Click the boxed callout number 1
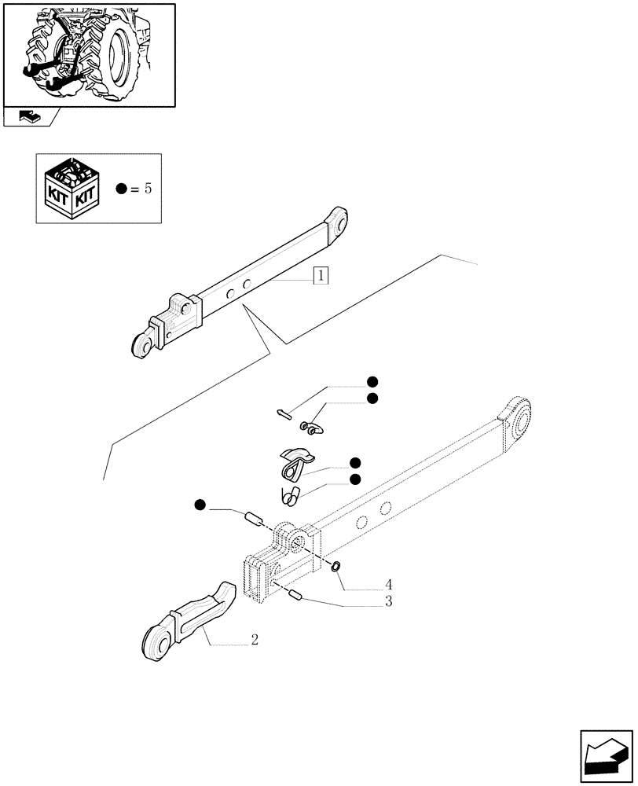[x=321, y=276]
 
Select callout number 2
[x=255, y=640]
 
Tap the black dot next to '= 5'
[x=121, y=189]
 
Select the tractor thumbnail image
[x=89, y=55]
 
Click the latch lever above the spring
[x=295, y=462]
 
